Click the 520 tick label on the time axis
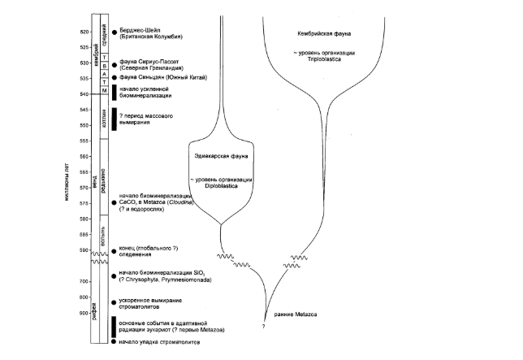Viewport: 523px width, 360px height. click(x=82, y=32)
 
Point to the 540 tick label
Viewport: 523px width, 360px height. click(x=82, y=94)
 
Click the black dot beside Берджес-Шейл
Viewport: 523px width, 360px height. click(x=115, y=31)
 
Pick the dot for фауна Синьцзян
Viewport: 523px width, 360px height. click(x=115, y=77)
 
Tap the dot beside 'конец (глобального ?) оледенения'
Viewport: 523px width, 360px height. click(x=115, y=251)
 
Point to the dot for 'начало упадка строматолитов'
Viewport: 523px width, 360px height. click(x=115, y=342)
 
